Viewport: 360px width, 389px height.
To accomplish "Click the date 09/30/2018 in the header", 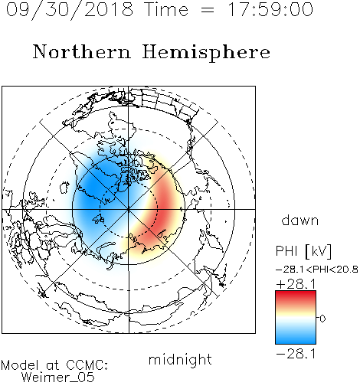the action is (x=70, y=10).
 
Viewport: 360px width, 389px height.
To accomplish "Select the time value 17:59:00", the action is (x=270, y=9).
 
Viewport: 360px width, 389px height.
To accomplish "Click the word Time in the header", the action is (x=166, y=9).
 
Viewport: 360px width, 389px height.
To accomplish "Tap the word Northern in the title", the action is (x=82, y=51).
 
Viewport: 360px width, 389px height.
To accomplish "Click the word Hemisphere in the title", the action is (x=206, y=53).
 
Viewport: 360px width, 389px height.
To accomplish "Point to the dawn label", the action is (x=300, y=220).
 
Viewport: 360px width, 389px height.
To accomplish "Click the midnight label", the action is (x=180, y=360).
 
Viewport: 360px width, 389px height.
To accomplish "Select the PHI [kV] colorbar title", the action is (x=304, y=251).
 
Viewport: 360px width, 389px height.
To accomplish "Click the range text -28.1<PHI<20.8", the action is (x=317, y=270).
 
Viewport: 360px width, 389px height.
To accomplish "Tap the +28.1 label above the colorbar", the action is (x=296, y=284).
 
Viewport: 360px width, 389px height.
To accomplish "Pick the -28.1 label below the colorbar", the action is (x=296, y=354).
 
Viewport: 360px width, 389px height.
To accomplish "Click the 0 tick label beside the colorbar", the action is (x=322, y=319).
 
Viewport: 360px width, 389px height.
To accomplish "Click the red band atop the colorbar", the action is (x=296, y=296).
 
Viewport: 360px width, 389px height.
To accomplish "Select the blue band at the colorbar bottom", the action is (x=296, y=338).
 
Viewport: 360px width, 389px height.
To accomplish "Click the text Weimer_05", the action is (x=58, y=378).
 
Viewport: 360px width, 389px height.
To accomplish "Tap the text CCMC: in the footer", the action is (x=87, y=365).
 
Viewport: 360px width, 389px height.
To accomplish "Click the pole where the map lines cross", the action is (x=129, y=209).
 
